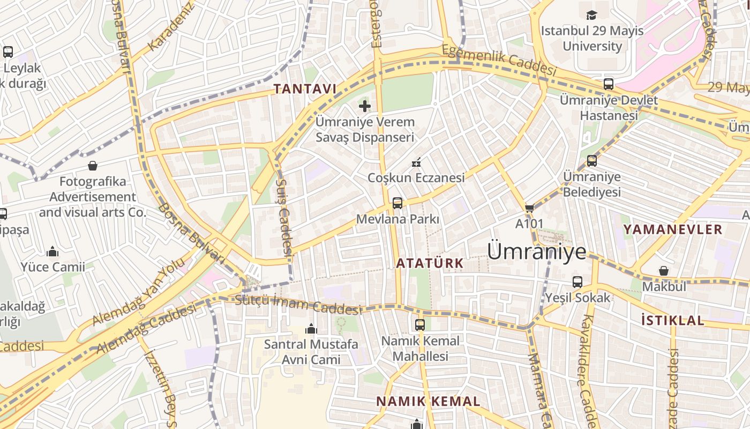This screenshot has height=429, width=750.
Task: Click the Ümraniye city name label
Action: pos(537,251)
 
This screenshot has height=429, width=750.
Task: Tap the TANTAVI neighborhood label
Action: pos(305,89)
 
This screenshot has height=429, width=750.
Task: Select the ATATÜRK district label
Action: pos(430,263)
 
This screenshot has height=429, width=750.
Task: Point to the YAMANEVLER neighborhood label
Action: pos(673,230)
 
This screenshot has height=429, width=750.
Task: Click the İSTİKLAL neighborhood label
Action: pos(673,321)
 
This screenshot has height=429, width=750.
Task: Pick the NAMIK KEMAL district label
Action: pos(428,401)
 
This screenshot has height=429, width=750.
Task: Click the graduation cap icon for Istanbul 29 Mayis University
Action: pos(591,15)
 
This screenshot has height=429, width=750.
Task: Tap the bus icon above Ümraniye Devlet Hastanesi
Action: pos(609,84)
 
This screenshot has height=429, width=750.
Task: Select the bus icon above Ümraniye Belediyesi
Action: pos(592,161)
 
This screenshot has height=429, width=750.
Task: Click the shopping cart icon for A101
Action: pos(529,208)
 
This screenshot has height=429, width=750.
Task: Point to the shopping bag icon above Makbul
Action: pos(664,271)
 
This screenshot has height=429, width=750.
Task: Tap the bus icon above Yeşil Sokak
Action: pos(577,282)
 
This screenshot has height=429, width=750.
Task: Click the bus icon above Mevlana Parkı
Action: pos(397,203)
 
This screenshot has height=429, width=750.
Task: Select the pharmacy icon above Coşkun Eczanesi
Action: pos(416,162)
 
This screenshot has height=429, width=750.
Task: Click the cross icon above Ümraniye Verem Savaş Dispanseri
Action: pos(365,106)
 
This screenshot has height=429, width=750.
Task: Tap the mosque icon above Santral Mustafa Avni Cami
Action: pos(311,329)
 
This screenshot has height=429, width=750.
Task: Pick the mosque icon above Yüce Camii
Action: pos(52,251)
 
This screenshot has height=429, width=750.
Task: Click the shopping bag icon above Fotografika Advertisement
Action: pos(93,166)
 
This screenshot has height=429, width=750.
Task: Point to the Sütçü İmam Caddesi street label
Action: pos(298,305)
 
